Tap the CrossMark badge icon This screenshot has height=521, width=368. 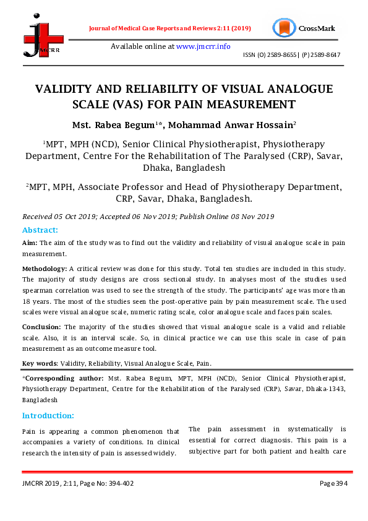284,28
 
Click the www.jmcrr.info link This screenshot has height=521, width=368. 203,46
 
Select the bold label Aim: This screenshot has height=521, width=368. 30,244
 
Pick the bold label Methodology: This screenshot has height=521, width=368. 45,269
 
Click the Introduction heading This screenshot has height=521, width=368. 48,415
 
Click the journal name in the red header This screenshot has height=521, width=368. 168,28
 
